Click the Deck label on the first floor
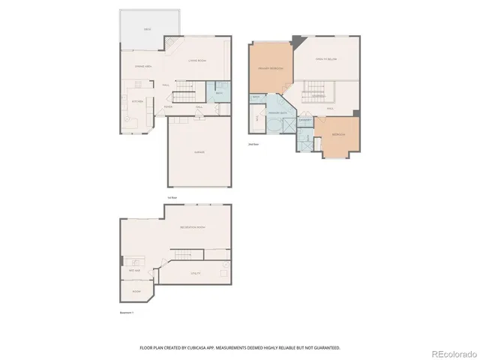coord(147,29)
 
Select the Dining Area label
coord(144,67)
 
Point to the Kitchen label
coord(137,101)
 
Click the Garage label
coord(199,153)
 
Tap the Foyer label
coord(169,107)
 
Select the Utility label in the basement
coord(196,274)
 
